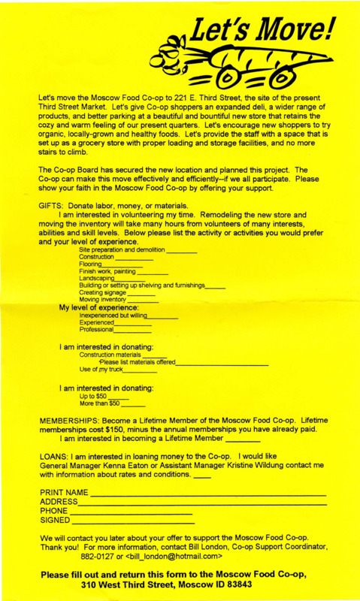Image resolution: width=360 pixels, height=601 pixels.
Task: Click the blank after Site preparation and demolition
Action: point(180,252)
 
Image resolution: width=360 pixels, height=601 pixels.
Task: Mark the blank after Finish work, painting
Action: point(153,273)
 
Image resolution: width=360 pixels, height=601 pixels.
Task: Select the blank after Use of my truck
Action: point(140,371)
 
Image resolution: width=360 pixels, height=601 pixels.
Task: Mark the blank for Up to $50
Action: point(119,397)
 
